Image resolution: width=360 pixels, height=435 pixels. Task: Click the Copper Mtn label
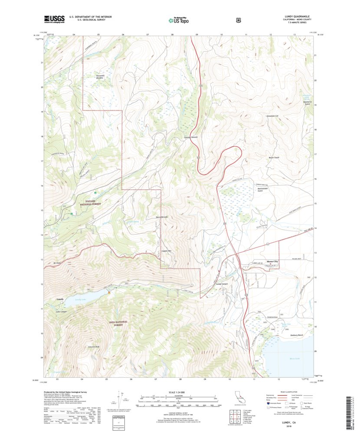click(167, 251)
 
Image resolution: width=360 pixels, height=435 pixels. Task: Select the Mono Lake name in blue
click(295, 359)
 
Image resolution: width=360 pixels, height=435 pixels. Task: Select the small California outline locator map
click(239, 399)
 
